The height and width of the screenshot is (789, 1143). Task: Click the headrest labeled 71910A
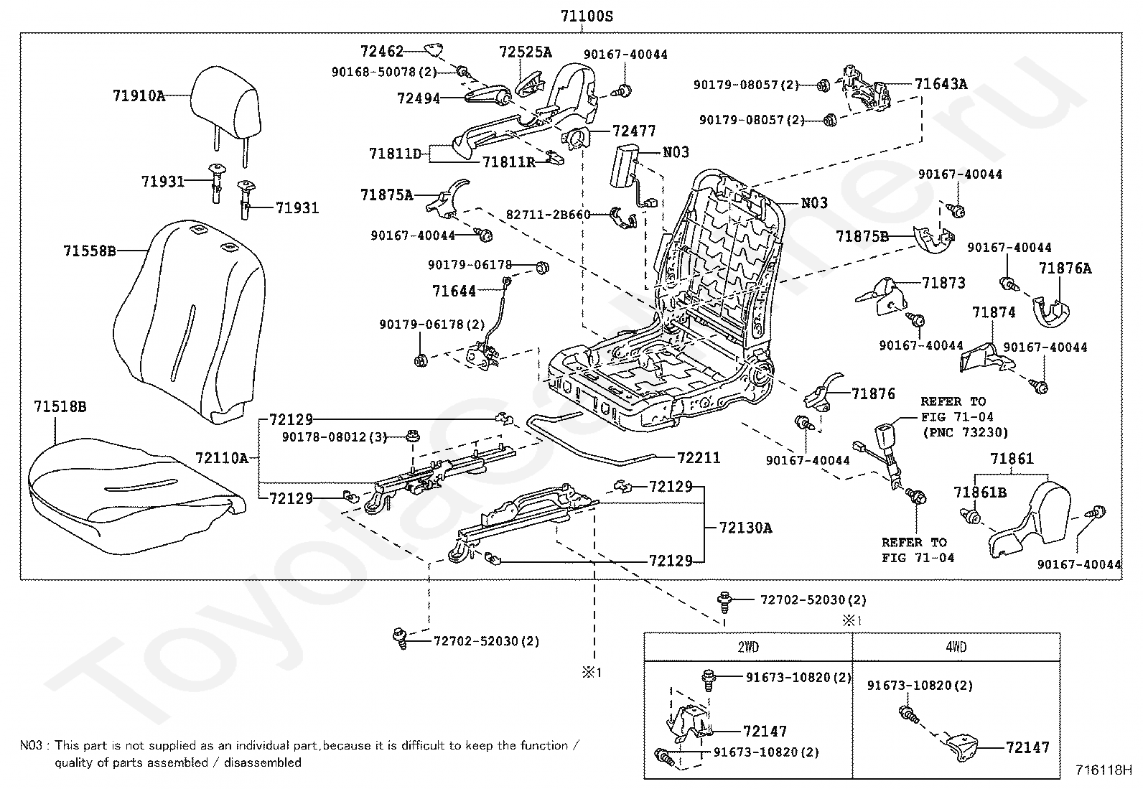click(225, 110)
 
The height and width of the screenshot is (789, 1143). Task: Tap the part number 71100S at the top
click(587, 17)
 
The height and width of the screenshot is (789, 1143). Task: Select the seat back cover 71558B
click(189, 322)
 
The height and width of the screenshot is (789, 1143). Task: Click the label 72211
click(699, 457)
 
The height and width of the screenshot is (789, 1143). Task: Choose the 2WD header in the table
click(748, 647)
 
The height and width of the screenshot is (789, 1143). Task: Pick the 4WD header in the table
click(956, 647)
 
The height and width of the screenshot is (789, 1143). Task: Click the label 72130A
click(745, 527)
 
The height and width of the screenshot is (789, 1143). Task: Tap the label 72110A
click(222, 458)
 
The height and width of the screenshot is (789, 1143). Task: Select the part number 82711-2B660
click(549, 215)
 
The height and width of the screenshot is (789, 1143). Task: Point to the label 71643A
click(941, 84)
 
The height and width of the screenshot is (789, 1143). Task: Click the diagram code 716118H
click(1104, 770)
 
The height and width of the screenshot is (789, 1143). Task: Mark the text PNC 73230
click(966, 433)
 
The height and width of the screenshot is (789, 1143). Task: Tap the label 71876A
click(1065, 268)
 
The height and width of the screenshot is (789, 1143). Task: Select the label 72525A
click(526, 52)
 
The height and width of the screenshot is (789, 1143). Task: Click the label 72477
click(634, 131)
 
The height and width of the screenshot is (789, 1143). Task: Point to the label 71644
click(454, 291)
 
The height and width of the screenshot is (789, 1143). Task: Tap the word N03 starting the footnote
click(31, 745)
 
